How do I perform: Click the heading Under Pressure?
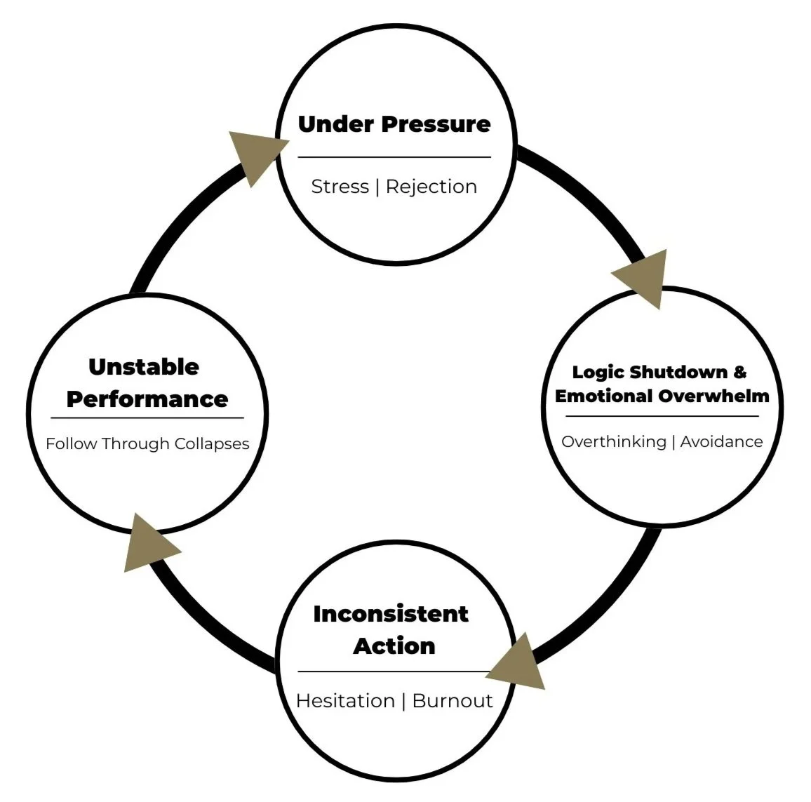394,124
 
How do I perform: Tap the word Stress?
340,187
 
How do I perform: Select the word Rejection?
431,187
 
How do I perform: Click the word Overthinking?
614,442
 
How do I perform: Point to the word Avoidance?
721,442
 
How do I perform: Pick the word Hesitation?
345,701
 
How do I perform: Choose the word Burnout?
453,701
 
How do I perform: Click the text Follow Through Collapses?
147,444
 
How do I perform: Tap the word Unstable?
144,367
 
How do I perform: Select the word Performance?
147,399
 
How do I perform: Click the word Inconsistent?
391,614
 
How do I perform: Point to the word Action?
394,646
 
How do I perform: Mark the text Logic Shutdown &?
659,372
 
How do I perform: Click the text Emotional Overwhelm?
662,396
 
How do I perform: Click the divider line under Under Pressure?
394,157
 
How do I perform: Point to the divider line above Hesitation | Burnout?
394,671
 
